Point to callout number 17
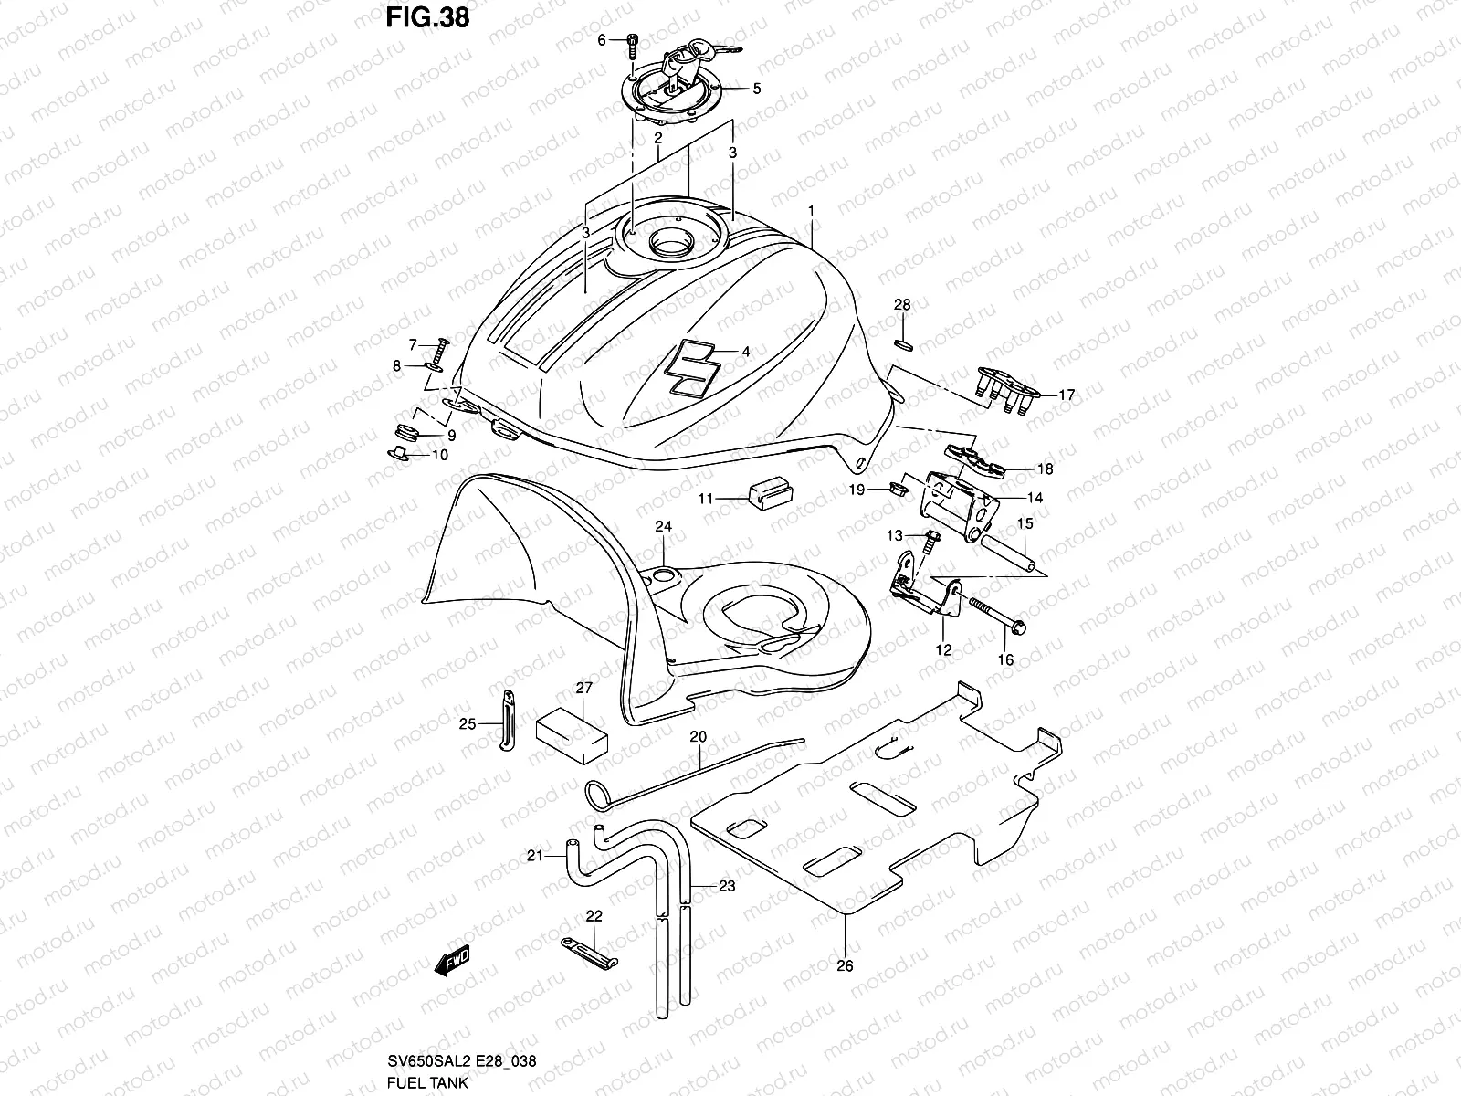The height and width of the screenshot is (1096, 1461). click(x=1066, y=395)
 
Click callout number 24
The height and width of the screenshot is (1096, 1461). click(x=663, y=527)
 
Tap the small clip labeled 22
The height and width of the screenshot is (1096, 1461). click(x=590, y=952)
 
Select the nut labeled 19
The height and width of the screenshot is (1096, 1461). click(x=894, y=491)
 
